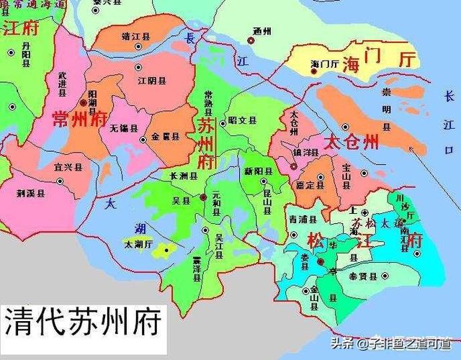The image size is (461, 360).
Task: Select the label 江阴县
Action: pos(151,80)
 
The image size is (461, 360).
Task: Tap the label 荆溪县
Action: pos(30,193)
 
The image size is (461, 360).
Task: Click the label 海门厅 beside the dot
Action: pos(324,64)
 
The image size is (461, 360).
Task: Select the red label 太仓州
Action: pos(351,142)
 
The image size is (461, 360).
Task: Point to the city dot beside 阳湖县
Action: pos(84,104)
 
